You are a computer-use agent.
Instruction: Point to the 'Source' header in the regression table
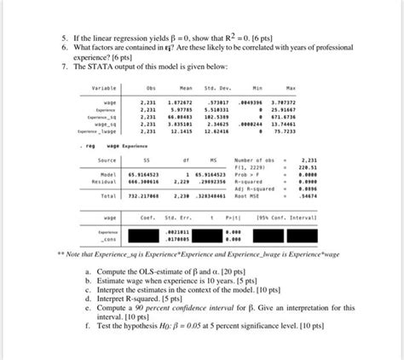point(107,160)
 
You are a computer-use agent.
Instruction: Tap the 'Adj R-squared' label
point(253,189)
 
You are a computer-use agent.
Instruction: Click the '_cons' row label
point(107,239)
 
